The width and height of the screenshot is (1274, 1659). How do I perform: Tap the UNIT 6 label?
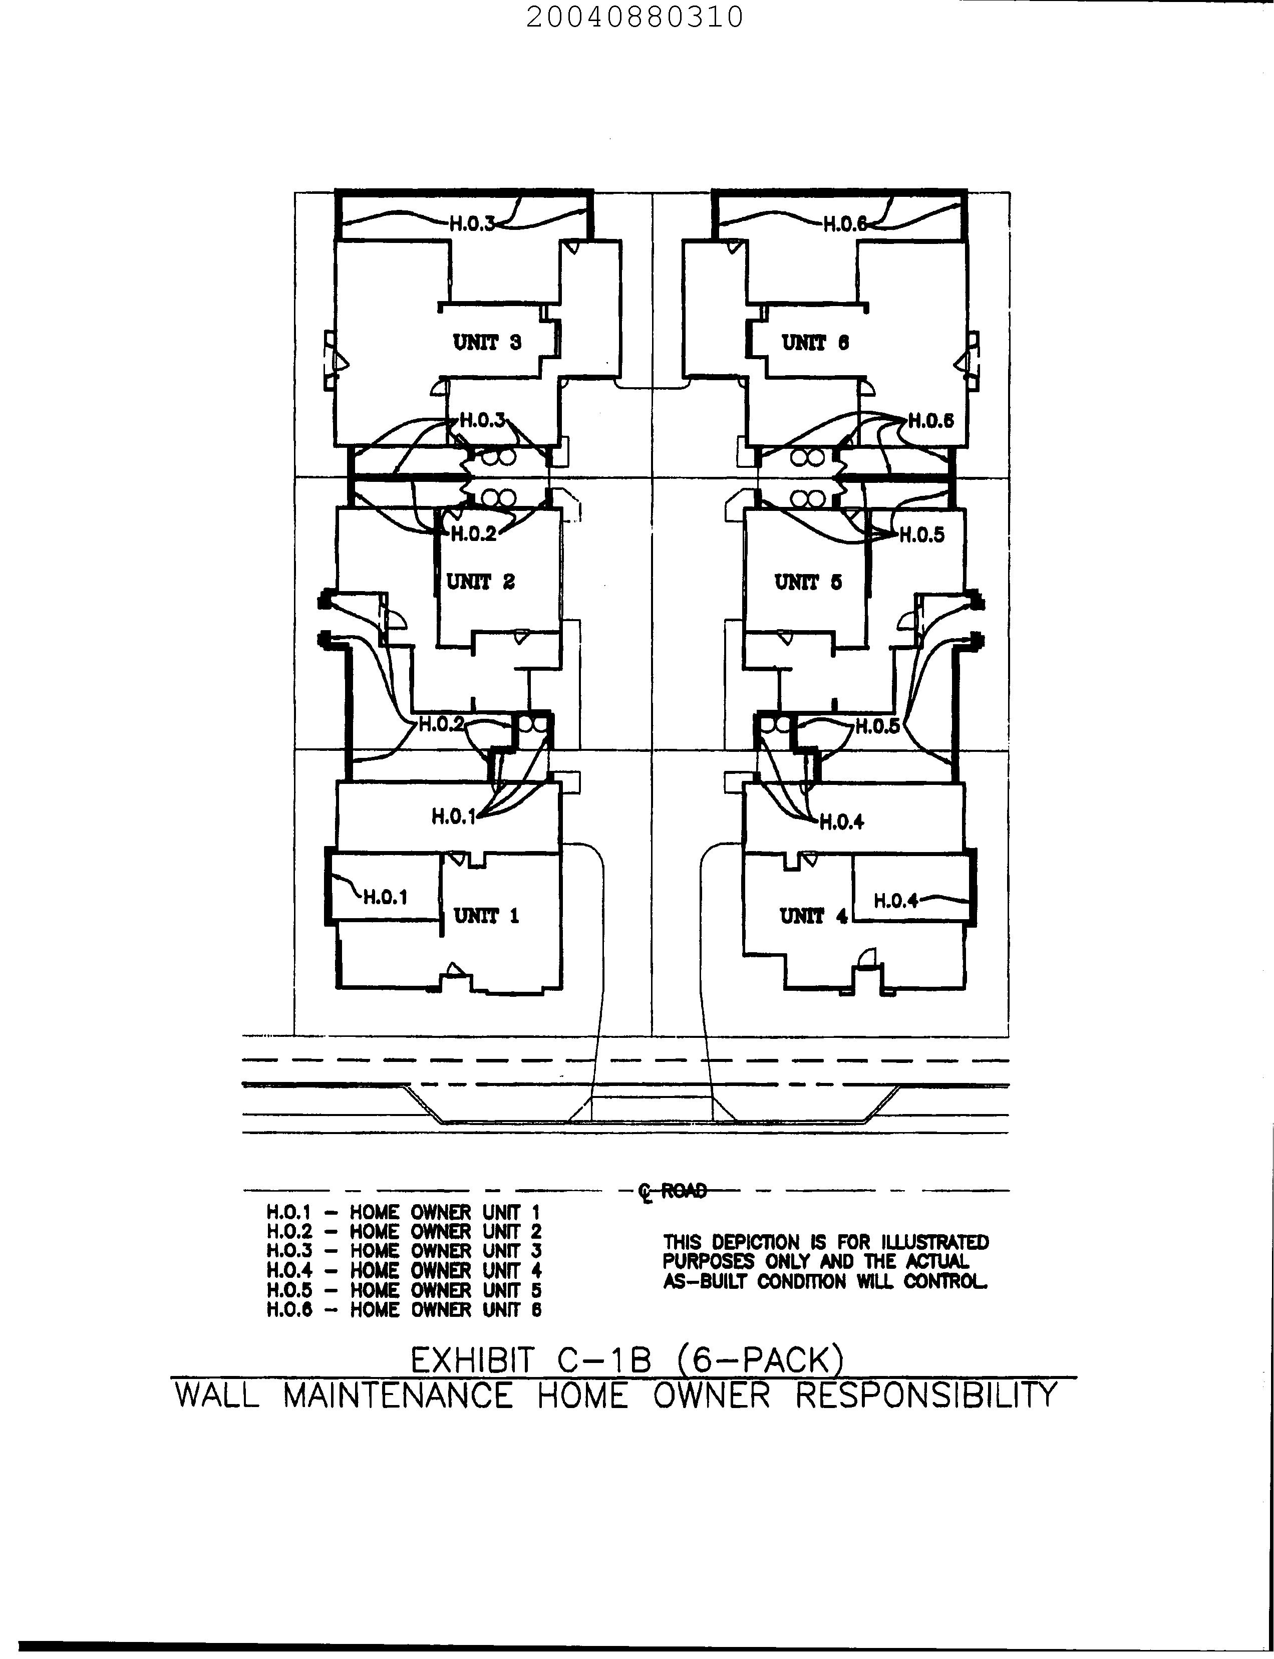coord(815,343)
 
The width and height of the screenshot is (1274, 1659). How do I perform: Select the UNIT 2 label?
coord(481,582)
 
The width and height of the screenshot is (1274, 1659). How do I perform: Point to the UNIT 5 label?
coord(808,583)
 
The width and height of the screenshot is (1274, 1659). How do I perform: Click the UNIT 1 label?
coord(486,916)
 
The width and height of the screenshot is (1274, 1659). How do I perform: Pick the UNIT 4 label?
coord(813,916)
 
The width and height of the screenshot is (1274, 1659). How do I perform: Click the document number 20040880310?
coord(634,17)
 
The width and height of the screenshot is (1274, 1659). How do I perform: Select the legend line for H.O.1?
coord(404,1213)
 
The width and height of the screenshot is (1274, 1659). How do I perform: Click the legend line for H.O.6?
coord(404,1310)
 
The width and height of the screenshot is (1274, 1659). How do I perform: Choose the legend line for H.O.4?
coord(404,1271)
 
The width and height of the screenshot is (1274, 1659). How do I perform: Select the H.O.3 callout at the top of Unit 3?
coord(472,224)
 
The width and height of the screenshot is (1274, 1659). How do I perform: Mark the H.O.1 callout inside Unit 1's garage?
coord(385,898)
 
